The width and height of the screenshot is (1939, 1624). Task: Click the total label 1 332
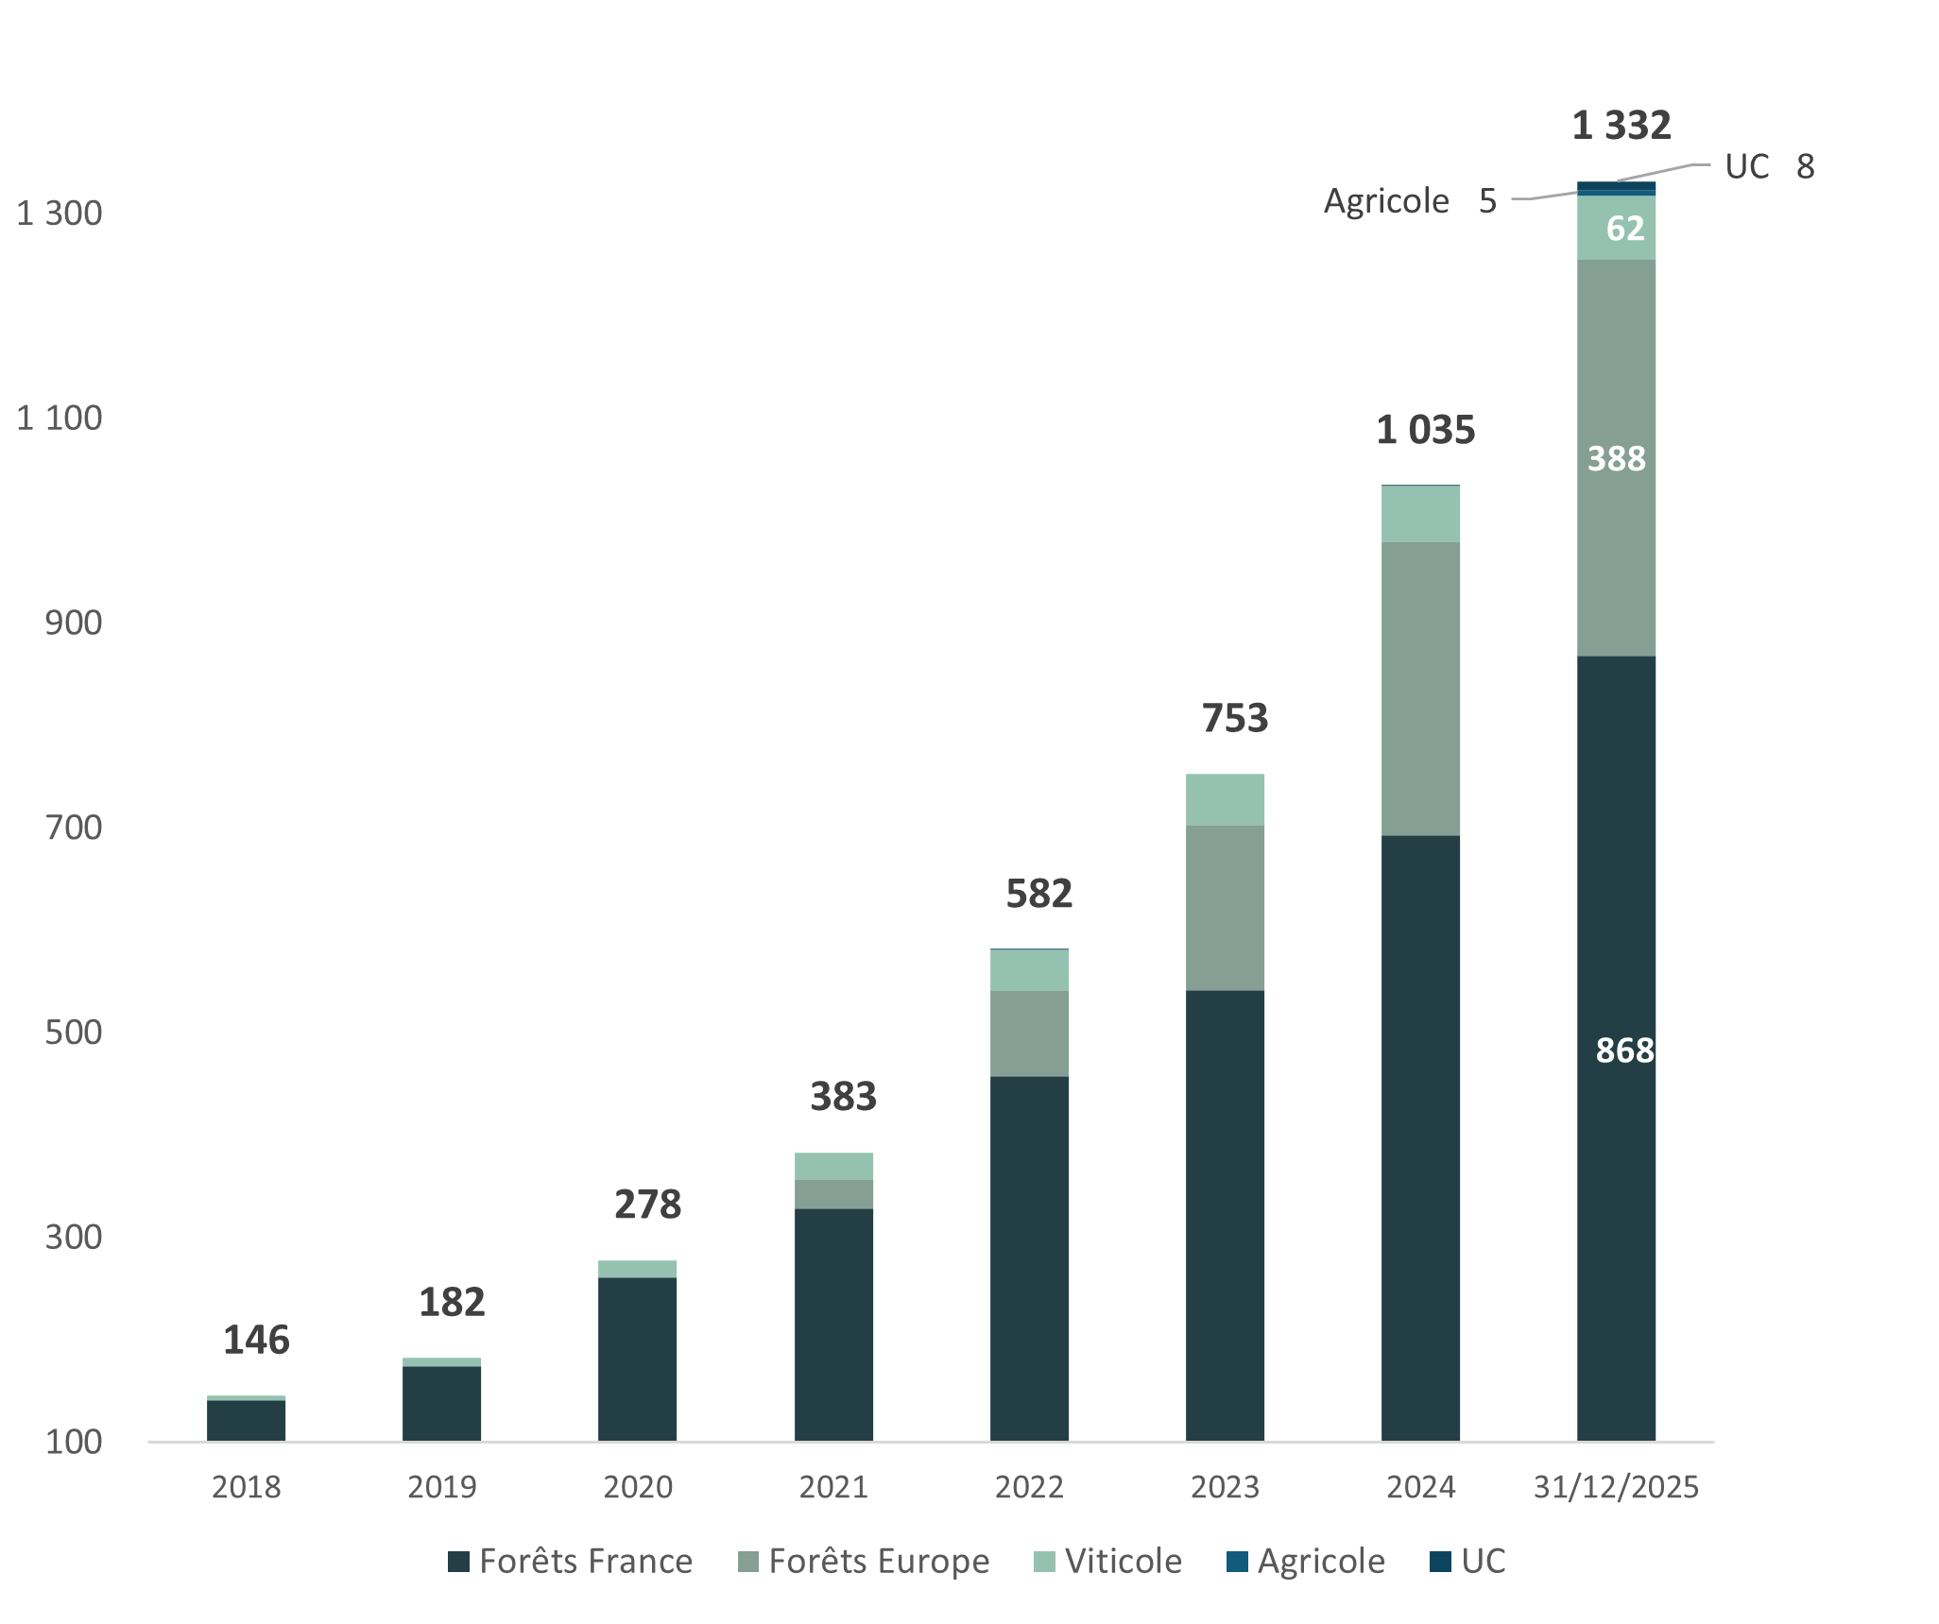point(1622,125)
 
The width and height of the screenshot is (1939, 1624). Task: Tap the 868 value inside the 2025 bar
point(1624,1051)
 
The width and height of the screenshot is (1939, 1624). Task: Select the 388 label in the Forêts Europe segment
point(1616,459)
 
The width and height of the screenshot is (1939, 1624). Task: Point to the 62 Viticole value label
point(1624,229)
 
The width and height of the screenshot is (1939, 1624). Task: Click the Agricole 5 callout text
point(1409,201)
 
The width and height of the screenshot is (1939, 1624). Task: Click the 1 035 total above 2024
point(1425,431)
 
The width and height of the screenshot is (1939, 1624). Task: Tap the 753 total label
point(1234,719)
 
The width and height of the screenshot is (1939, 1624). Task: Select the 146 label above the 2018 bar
point(255,1341)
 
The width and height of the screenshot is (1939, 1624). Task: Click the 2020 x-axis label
point(638,1487)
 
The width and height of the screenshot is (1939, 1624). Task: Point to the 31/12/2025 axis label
point(1616,1487)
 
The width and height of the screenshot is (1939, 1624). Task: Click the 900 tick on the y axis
point(74,623)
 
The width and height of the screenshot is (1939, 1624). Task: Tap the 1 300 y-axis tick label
point(59,214)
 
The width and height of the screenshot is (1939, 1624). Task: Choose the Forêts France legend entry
point(571,1562)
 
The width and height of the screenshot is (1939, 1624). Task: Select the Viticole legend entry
point(1109,1562)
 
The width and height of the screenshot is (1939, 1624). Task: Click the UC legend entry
point(1468,1562)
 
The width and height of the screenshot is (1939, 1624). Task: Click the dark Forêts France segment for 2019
point(442,1403)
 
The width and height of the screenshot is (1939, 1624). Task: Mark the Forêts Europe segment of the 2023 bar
point(1226,907)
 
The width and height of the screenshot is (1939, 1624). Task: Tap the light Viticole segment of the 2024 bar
point(1421,514)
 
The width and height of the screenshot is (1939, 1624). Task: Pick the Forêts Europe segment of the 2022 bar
point(1030,1033)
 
